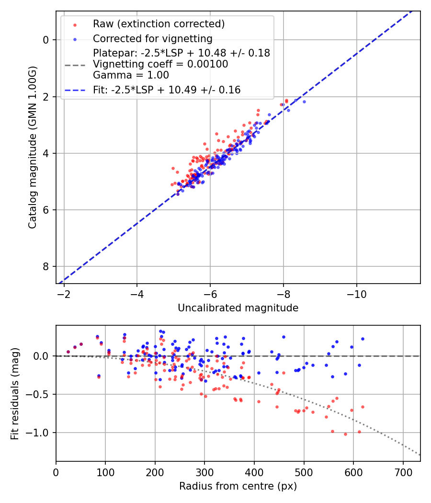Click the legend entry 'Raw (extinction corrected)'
[x=159, y=24]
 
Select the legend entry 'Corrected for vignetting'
[x=152, y=38]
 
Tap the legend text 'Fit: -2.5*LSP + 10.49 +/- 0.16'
[x=167, y=90]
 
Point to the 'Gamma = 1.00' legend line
[x=131, y=75]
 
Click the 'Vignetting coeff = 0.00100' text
[x=160, y=64]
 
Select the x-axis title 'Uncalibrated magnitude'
[x=238, y=308]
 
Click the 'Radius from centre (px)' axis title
[x=238, y=486]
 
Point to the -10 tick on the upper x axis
[x=356, y=293]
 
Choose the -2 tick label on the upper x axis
[x=64, y=293]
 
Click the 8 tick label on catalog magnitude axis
[x=46, y=266]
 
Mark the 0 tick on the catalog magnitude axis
[x=46, y=40]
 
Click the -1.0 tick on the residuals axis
[x=40, y=433]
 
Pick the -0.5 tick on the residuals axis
[x=40, y=394]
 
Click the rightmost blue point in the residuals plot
[x=363, y=339]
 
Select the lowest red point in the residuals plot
[x=345, y=434]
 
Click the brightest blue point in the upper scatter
[x=304, y=102]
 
